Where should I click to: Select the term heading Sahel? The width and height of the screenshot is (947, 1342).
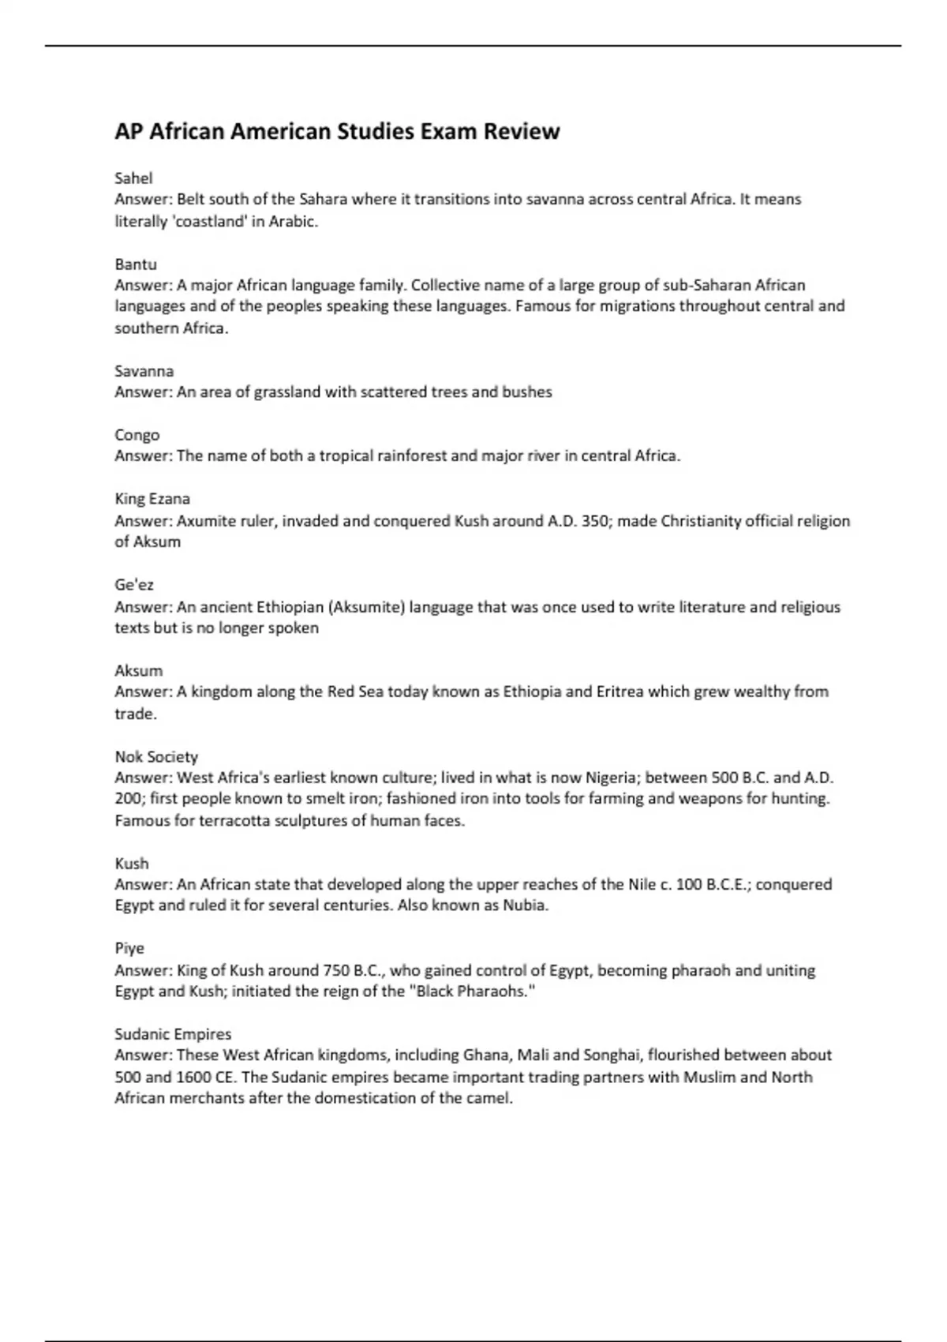click(x=133, y=178)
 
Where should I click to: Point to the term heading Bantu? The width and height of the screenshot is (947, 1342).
click(x=136, y=264)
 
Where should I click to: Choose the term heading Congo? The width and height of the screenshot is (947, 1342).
click(x=137, y=435)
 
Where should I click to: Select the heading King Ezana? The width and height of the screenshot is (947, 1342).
click(x=152, y=499)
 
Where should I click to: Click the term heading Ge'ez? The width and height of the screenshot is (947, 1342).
click(x=134, y=585)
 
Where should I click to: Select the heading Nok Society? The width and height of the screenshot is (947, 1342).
click(x=156, y=757)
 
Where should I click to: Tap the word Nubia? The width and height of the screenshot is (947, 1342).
click(x=525, y=905)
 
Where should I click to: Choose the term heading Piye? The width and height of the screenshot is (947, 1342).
click(x=129, y=948)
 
